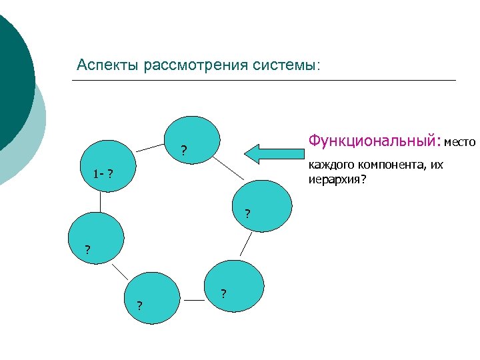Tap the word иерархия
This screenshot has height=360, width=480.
tap(334, 178)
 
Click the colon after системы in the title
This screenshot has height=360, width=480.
tap(319, 67)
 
